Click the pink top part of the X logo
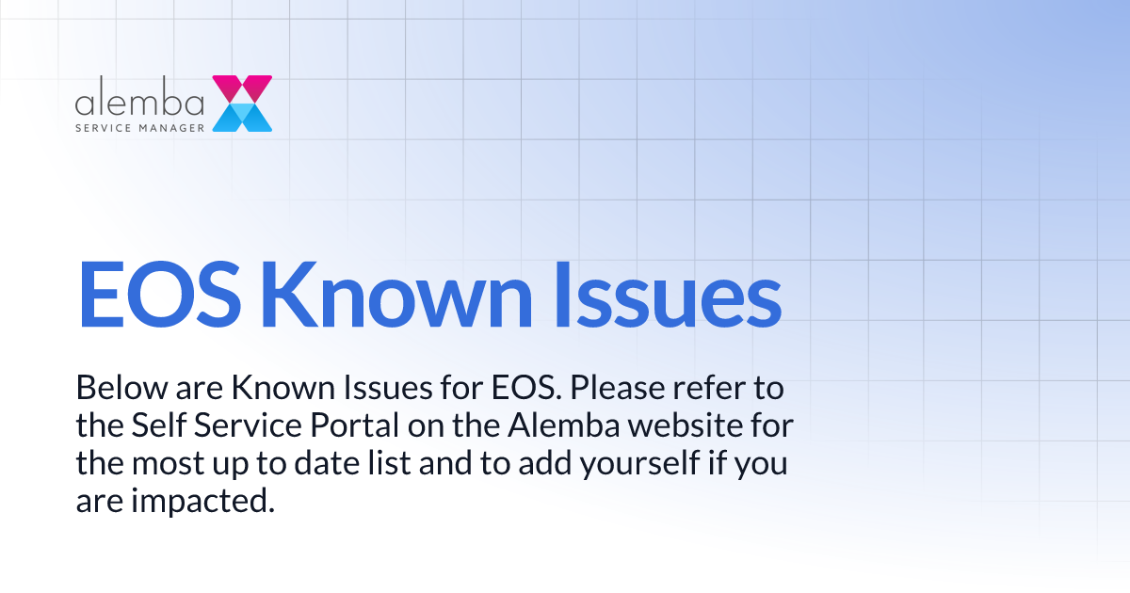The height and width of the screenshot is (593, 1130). point(242,88)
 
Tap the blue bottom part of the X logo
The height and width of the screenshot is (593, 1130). point(242,117)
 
